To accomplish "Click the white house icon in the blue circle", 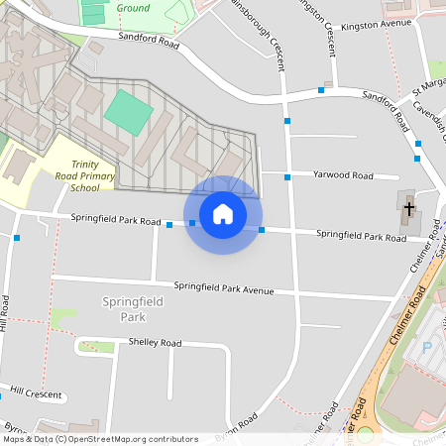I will (223, 213).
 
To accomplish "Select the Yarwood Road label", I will (342, 175).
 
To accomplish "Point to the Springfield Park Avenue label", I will (223, 288).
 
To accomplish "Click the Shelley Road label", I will (155, 343).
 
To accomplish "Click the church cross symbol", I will (408, 208).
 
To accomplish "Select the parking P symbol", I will (427, 347).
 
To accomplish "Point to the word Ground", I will (133, 8).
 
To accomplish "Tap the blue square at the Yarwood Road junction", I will (287, 177).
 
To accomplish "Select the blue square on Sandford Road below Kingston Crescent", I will (321, 90).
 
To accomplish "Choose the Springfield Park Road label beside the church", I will (361, 236).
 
